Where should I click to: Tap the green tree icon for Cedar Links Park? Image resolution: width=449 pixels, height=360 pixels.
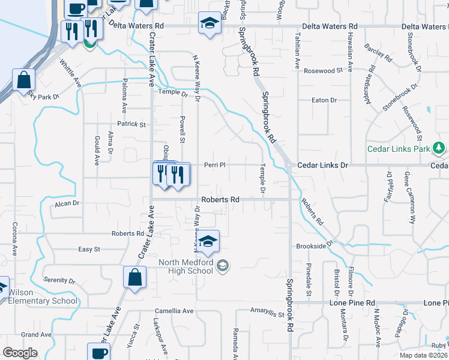439,148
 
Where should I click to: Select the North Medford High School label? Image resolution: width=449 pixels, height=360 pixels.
185,266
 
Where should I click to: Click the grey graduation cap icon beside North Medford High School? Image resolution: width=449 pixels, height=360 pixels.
223,265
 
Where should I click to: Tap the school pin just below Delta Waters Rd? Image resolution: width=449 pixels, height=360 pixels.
209,24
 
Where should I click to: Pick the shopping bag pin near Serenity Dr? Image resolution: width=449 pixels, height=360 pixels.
134,278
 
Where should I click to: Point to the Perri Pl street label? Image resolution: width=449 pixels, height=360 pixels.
214,165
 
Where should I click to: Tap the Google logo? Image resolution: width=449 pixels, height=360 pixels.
20,352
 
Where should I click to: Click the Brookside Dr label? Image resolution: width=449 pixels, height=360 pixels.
314,246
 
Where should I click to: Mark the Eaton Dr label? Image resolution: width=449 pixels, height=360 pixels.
324,100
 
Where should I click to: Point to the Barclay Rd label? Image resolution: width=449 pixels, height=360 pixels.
380,56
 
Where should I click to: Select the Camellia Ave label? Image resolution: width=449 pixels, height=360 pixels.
174,311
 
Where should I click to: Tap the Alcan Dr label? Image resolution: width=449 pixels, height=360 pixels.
67,203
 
